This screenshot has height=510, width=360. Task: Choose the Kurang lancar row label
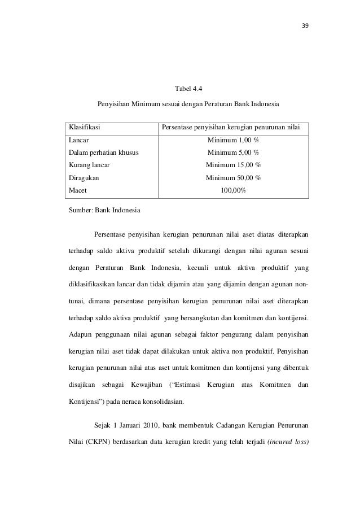(89, 165)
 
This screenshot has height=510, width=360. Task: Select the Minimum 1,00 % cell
(234, 140)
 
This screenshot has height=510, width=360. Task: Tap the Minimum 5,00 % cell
(234, 152)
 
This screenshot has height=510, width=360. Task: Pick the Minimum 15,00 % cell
(234, 165)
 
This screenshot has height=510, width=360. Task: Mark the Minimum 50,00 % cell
(234, 178)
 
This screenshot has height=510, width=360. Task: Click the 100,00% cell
(234, 190)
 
